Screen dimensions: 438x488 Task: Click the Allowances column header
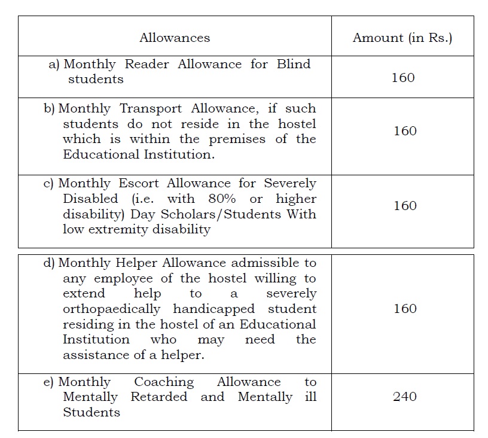click(175, 38)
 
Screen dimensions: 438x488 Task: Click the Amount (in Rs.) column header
click(402, 38)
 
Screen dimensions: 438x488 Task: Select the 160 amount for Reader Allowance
click(402, 78)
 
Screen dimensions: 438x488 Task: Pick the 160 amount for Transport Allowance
click(405, 131)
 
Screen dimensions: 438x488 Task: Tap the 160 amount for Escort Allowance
click(405, 206)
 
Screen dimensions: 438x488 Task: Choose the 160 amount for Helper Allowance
click(405, 309)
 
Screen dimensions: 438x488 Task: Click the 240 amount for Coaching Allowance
click(405, 397)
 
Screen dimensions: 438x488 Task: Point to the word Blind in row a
click(294, 64)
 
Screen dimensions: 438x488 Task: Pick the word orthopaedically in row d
click(111, 309)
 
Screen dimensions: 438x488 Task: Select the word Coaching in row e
click(164, 382)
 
